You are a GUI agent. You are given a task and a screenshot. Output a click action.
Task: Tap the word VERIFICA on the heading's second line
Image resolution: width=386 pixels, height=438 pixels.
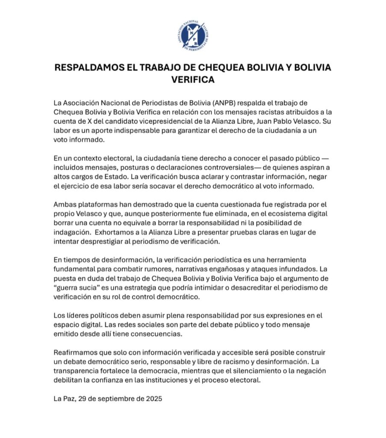pyautogui.click(x=192, y=80)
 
